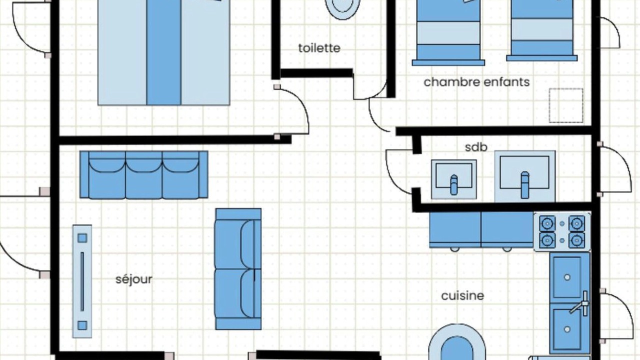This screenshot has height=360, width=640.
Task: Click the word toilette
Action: pos(319,48)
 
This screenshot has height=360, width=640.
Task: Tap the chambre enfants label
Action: pos(476,82)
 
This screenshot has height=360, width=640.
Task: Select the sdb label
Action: pos(476,147)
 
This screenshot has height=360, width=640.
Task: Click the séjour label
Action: pos(133,279)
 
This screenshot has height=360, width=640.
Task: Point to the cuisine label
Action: pos(462,295)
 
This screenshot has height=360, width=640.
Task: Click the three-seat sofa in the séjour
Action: pos(143,175)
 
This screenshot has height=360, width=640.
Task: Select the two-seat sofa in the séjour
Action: pos(238,269)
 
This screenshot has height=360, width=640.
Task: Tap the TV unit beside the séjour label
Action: pos(82,281)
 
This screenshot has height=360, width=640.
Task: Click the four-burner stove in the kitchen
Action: pos(562,232)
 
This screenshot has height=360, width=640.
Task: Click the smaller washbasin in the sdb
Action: pos(453,179)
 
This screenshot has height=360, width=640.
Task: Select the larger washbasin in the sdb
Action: pos(525,176)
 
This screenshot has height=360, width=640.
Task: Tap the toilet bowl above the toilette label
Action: pos(342,8)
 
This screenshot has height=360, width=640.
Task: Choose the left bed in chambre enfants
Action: pos(448,32)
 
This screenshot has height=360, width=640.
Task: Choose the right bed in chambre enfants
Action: pos(541,30)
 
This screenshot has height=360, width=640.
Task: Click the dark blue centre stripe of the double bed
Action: pos(163,52)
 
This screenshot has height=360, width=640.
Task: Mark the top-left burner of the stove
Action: pos(547,223)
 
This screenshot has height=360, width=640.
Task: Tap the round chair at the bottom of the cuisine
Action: pos(457,342)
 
